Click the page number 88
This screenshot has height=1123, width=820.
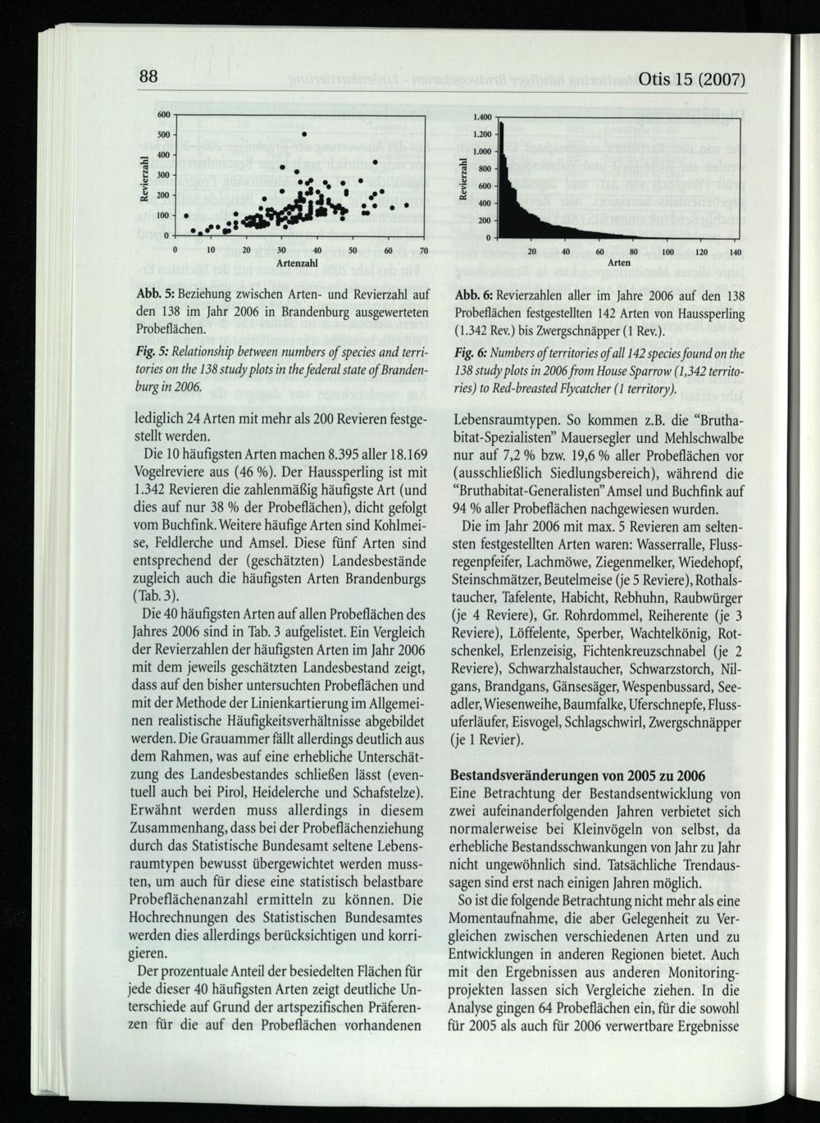click(x=148, y=77)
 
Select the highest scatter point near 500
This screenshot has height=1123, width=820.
click(x=303, y=134)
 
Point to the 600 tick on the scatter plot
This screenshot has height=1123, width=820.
click(x=164, y=115)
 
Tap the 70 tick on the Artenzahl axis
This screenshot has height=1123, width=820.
click(x=423, y=249)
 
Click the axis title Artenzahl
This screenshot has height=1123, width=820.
click(x=297, y=263)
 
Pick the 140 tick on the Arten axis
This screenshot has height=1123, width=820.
click(x=735, y=252)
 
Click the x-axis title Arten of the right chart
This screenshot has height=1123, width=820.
click(x=620, y=263)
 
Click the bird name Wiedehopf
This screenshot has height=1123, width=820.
click(x=710, y=562)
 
